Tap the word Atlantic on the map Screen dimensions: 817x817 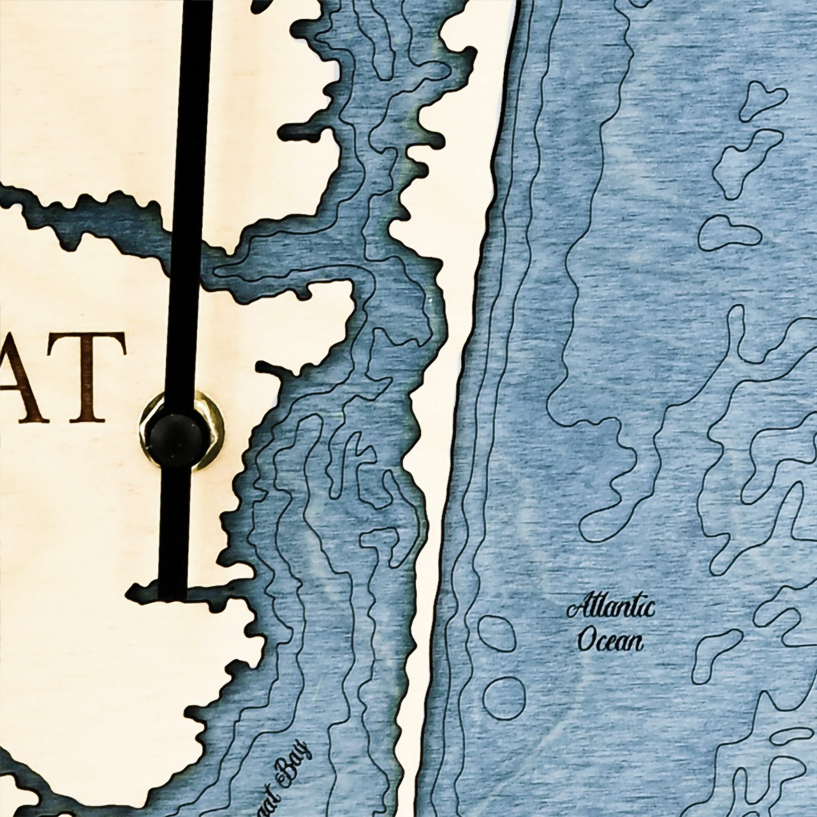[610, 609]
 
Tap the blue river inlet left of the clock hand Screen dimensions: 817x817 [96, 218]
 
